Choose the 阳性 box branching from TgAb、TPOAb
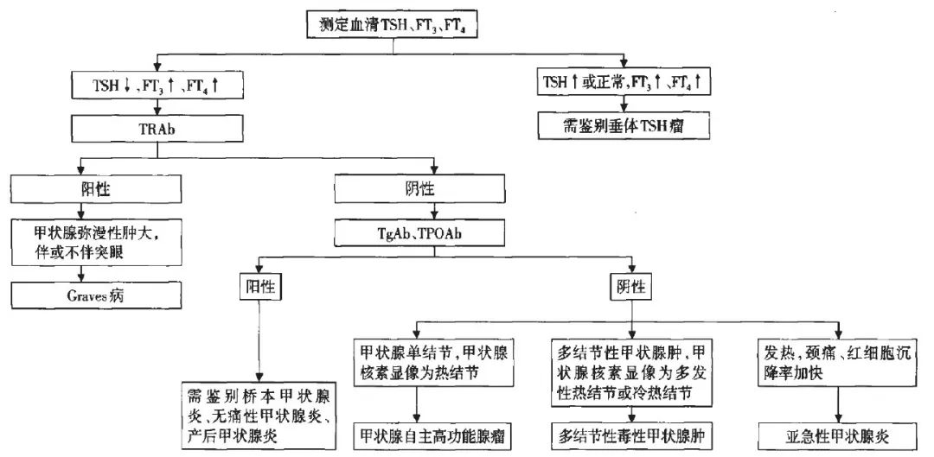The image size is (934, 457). pyautogui.click(x=261, y=285)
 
